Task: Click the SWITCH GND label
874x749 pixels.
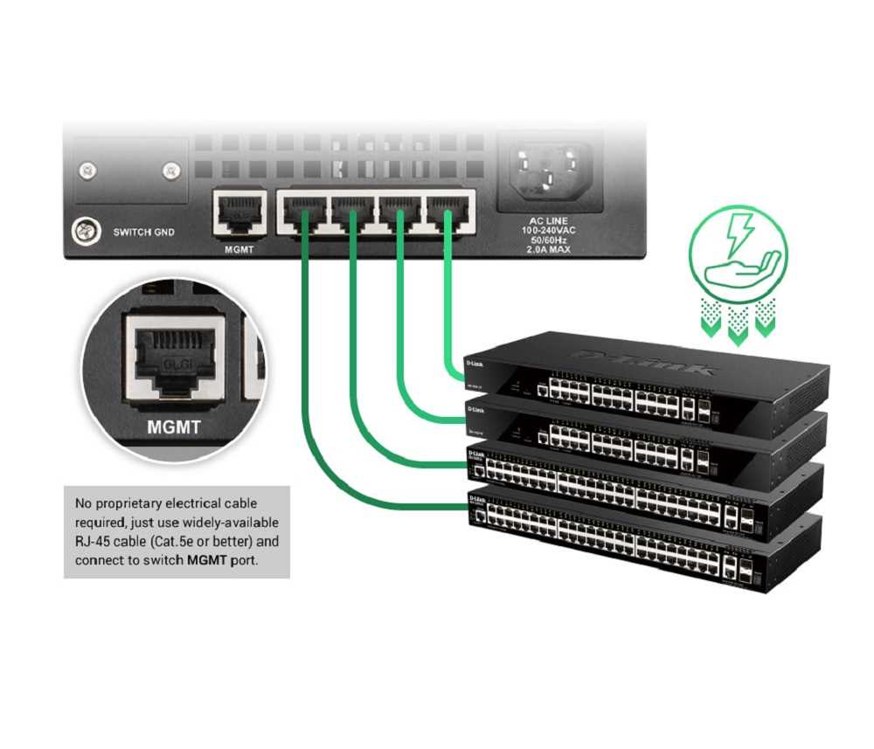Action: pyautogui.click(x=144, y=232)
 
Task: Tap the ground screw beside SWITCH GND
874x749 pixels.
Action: pyautogui.click(x=85, y=232)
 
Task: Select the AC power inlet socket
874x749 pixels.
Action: pyautogui.click(x=548, y=168)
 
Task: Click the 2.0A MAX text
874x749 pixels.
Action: pyautogui.click(x=549, y=249)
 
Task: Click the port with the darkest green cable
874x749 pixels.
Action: pyautogui.click(x=302, y=212)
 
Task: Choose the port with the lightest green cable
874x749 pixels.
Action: pyautogui.click(x=448, y=212)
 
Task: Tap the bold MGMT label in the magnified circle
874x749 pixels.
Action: pyautogui.click(x=175, y=428)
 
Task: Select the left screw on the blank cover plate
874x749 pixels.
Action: pyautogui.click(x=87, y=170)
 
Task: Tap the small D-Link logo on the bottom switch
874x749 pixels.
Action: pyautogui.click(x=476, y=498)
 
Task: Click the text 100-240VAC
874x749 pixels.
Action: pyautogui.click(x=549, y=231)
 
